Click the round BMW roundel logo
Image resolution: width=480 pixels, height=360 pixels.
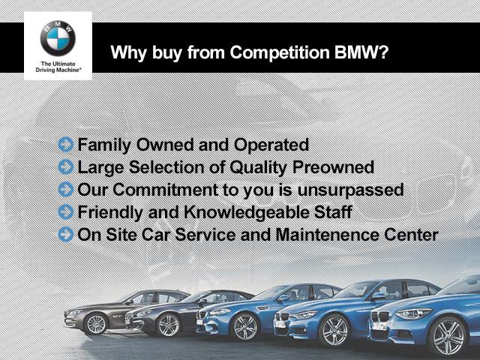[58, 38]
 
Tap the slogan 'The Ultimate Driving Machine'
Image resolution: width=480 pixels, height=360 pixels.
[58, 67]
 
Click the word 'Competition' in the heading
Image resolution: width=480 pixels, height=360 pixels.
[280, 52]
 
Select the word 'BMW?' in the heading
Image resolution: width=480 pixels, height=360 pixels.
[361, 52]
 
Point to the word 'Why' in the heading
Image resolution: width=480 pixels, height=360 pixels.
[129, 53]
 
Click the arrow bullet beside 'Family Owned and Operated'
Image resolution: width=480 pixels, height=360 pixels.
[66, 145]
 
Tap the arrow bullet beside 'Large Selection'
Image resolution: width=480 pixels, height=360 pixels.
[66, 167]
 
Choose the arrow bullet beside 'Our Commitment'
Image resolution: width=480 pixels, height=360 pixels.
[66, 190]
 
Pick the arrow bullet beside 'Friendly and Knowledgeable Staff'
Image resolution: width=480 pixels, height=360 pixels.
[66, 211]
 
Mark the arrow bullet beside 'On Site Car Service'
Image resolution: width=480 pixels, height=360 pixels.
[66, 235]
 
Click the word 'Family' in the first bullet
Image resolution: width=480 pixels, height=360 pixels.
[104, 145]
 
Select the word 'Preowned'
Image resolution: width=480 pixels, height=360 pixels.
[333, 167]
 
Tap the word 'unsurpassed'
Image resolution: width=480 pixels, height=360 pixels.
[350, 190]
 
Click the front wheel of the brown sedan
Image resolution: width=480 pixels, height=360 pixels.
[96, 325]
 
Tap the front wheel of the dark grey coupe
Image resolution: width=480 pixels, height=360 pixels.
[168, 325]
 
